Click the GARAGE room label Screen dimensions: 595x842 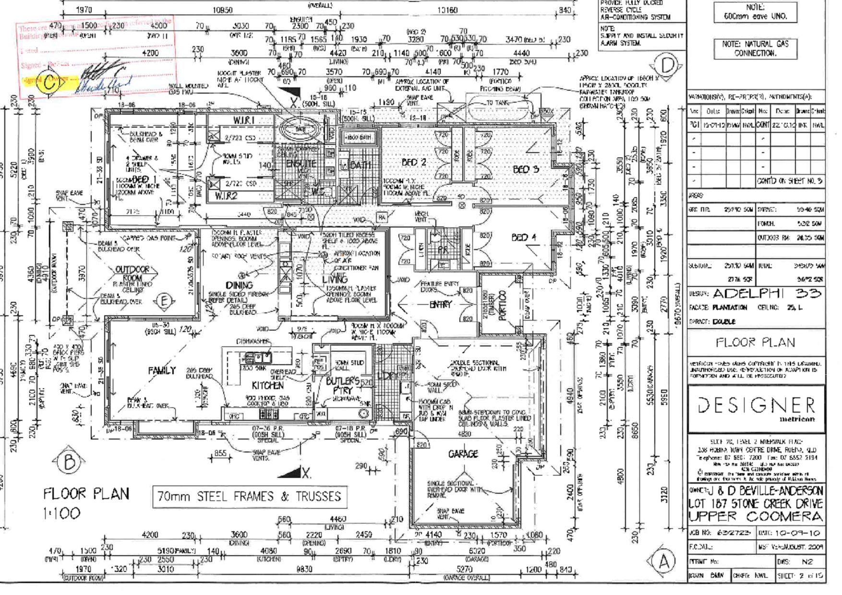[463, 453]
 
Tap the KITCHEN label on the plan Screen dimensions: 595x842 [267, 385]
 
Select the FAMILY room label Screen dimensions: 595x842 [162, 370]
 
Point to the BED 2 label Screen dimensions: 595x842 [414, 163]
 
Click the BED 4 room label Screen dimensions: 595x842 [526, 237]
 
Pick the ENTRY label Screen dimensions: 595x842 [440, 304]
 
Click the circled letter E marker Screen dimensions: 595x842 [164, 301]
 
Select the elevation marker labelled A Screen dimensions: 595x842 [664, 561]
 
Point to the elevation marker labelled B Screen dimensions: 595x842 [69, 462]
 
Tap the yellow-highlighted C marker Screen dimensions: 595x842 [50, 83]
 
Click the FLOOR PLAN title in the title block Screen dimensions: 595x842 [756, 343]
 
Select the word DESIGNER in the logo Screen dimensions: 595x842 [756, 406]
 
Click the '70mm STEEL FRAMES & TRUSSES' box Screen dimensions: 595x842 [249, 497]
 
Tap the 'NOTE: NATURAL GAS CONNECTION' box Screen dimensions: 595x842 [755, 48]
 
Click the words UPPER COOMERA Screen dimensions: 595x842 [756, 517]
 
